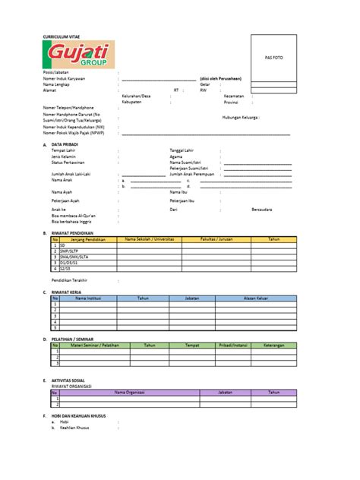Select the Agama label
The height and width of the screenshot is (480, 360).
[176, 156]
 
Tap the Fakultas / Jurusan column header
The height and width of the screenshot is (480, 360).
[215, 238]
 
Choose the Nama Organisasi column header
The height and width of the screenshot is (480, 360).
[129, 392]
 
